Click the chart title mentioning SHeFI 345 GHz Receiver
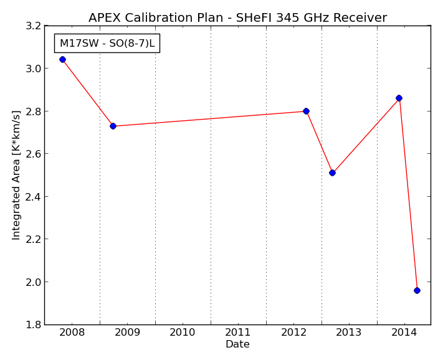[x=237, y=17]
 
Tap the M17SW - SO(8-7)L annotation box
[x=107, y=43]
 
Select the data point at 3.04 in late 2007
[x=62, y=59]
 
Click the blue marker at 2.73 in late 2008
[x=113, y=126]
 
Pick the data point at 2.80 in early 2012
[x=306, y=111]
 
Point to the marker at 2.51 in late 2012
[x=332, y=173]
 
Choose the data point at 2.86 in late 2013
[x=399, y=98]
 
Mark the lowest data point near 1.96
[x=417, y=290]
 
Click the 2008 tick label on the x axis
[x=72, y=333]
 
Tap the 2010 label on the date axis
[x=183, y=333]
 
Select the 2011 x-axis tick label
[x=238, y=333]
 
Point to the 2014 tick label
[x=404, y=333]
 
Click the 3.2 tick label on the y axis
[x=33, y=26]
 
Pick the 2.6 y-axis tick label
[x=33, y=154]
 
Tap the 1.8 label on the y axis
[x=33, y=324]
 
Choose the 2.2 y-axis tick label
[x=33, y=239]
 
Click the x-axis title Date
[x=237, y=344]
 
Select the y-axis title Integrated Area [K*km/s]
[x=16, y=175]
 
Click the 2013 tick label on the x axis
[x=349, y=333]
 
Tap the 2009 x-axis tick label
[x=128, y=333]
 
